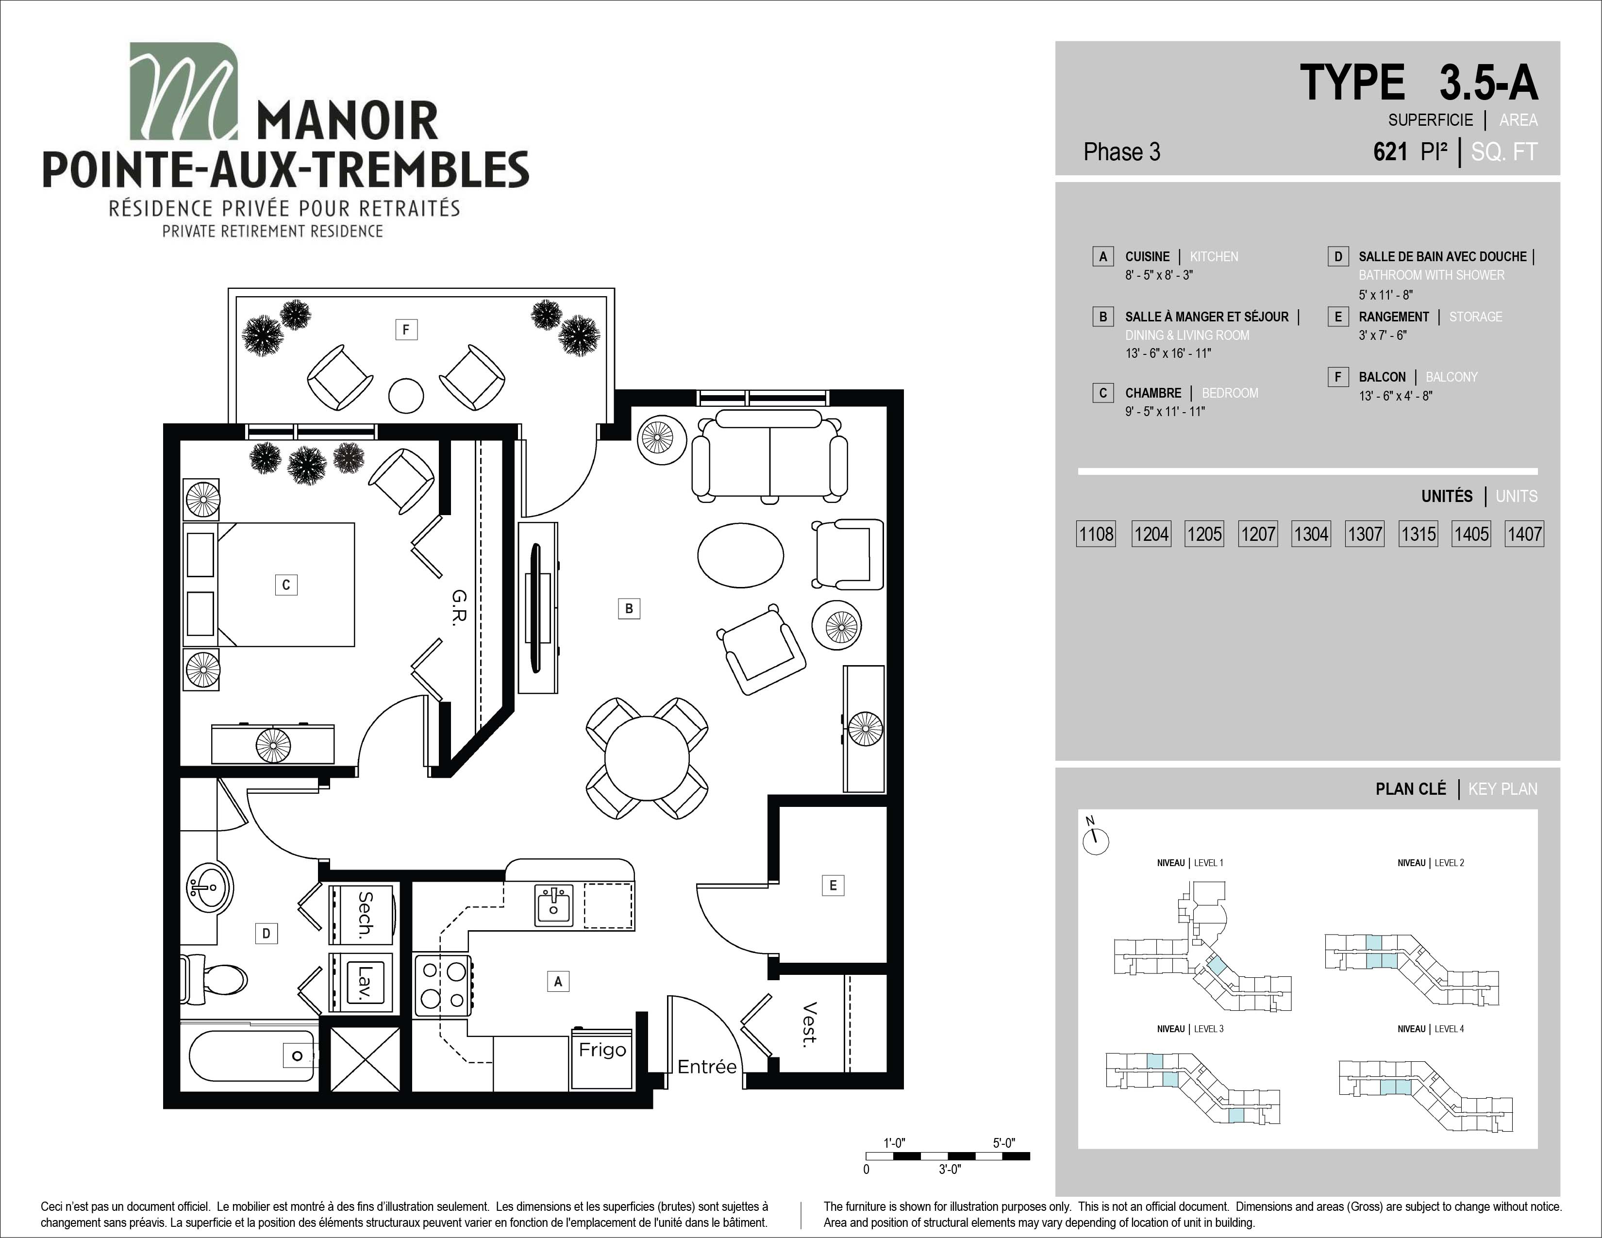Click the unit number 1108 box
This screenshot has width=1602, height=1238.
pos(1096,534)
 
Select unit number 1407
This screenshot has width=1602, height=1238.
pos(1524,534)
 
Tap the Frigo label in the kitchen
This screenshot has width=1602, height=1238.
pos(602,1050)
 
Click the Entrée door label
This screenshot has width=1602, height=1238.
pos(706,1067)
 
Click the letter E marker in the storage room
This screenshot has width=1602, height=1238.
pos(833,885)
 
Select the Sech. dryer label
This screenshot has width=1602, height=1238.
pos(365,915)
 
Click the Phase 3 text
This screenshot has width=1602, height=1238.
pos(1121,152)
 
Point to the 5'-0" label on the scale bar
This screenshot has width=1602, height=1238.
pos(1003,1143)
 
